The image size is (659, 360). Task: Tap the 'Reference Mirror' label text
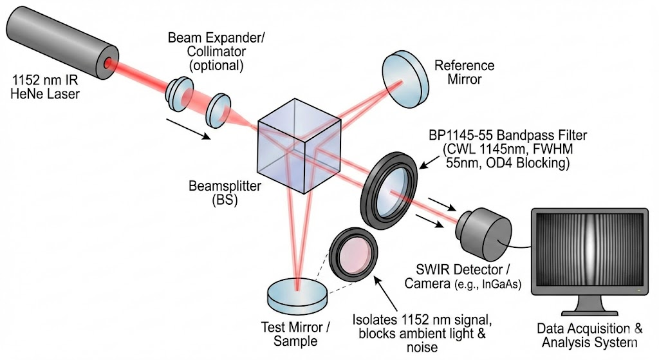tap(464, 72)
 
